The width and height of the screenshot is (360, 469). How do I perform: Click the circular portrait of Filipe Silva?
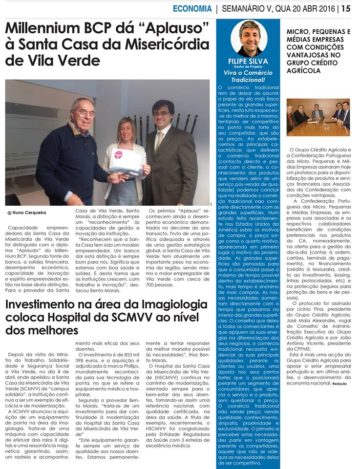coord(250,44)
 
